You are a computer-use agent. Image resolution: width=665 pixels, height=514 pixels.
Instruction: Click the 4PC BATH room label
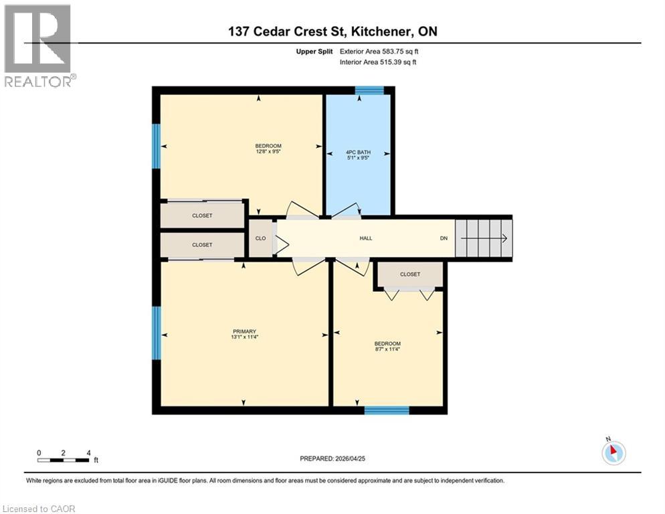[358, 152]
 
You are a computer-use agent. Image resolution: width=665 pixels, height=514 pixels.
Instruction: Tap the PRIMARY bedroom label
[244, 331]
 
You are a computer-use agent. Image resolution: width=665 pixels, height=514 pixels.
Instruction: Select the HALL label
[365, 238]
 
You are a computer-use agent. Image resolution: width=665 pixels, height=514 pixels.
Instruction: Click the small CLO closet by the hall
[260, 238]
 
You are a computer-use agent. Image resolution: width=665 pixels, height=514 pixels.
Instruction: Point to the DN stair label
[444, 238]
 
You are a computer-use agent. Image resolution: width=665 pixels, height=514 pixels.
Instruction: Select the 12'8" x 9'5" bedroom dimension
[268, 151]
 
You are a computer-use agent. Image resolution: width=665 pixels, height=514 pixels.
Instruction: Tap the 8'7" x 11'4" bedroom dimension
[387, 349]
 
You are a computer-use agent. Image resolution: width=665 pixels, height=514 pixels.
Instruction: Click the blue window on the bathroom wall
[369, 90]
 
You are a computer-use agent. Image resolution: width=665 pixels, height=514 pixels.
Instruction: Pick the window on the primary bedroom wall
[157, 333]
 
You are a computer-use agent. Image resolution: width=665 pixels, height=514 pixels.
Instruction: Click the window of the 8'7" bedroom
[387, 410]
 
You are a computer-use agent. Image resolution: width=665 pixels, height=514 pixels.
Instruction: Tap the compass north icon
[613, 452]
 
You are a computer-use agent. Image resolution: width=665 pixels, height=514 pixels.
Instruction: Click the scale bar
[64, 460]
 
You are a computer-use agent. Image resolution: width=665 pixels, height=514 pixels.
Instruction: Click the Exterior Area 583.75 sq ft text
[379, 52]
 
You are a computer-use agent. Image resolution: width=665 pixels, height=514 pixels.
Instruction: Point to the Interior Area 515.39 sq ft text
[378, 62]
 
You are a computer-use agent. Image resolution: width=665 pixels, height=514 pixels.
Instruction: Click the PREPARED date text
[332, 458]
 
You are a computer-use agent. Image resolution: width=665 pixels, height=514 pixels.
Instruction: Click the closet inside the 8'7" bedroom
[410, 274]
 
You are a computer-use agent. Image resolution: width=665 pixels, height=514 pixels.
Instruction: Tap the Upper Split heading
[314, 52]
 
